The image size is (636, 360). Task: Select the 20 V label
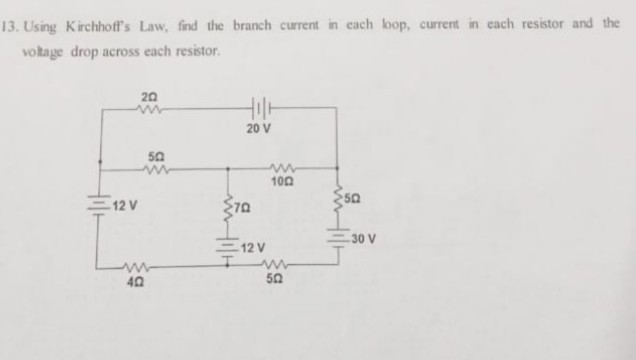click(258, 130)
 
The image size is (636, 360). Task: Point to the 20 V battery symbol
click(259, 107)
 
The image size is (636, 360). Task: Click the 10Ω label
click(282, 181)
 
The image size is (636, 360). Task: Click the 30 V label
click(362, 239)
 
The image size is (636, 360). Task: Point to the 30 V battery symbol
click(339, 238)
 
